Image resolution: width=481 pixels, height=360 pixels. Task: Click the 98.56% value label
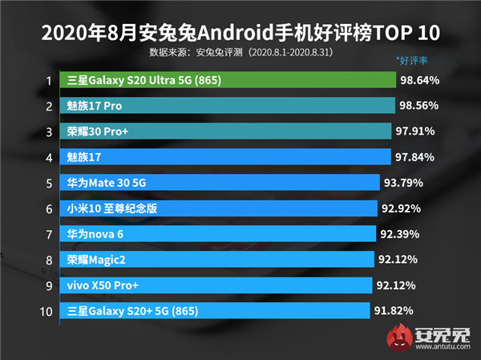pos(419,106)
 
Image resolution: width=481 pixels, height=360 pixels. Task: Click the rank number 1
pos(49,80)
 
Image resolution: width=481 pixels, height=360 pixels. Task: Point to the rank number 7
pos(49,233)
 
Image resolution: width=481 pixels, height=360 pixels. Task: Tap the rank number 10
pos(47,309)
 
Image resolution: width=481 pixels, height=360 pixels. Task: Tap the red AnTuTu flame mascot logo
pos(398,336)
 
